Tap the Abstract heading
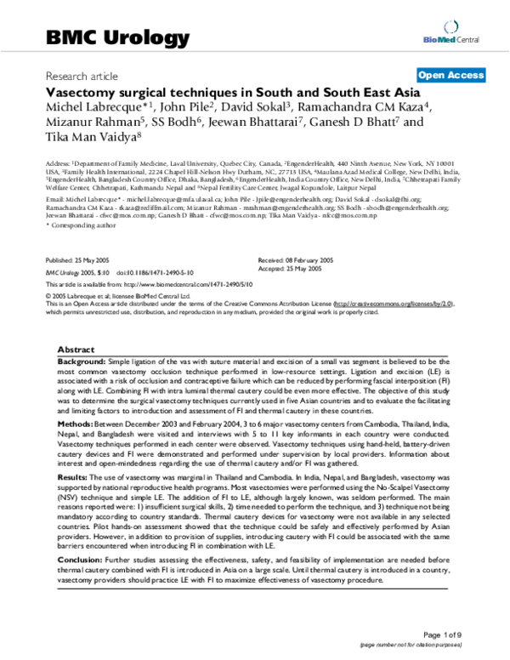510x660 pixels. click(76, 350)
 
